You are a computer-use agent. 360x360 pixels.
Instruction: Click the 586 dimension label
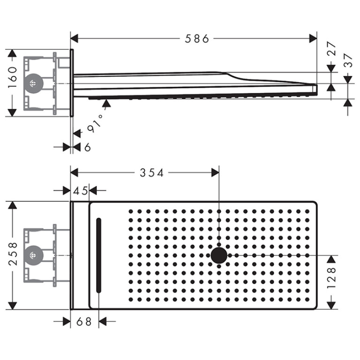click(197, 38)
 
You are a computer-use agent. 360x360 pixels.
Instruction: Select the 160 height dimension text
click(13, 77)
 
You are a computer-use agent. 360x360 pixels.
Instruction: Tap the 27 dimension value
click(331, 48)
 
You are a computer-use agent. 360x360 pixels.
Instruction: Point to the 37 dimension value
click(348, 60)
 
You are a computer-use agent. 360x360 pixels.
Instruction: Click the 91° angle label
click(96, 123)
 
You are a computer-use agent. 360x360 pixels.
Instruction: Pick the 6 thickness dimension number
click(87, 147)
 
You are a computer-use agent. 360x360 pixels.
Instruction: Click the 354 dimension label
click(152, 173)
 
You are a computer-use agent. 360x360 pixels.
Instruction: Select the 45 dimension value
click(80, 191)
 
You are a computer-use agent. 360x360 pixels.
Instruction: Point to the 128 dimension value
click(331, 277)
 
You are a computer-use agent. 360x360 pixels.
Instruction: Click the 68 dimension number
click(84, 322)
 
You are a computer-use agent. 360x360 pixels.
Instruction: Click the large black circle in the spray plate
click(219, 255)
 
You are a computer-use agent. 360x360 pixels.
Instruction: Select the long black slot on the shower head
click(99, 255)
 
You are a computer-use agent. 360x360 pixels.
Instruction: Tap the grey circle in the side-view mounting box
click(34, 84)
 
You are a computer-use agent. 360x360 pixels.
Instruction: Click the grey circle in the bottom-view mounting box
click(34, 255)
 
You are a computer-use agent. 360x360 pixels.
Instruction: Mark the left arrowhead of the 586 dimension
click(74, 38)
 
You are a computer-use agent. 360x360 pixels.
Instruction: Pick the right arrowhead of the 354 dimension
click(215, 173)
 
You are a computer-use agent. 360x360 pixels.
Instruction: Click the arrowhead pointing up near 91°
click(106, 103)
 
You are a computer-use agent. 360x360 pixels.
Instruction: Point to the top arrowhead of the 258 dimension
click(12, 205)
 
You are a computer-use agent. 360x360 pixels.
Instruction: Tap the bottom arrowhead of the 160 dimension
click(12, 113)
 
